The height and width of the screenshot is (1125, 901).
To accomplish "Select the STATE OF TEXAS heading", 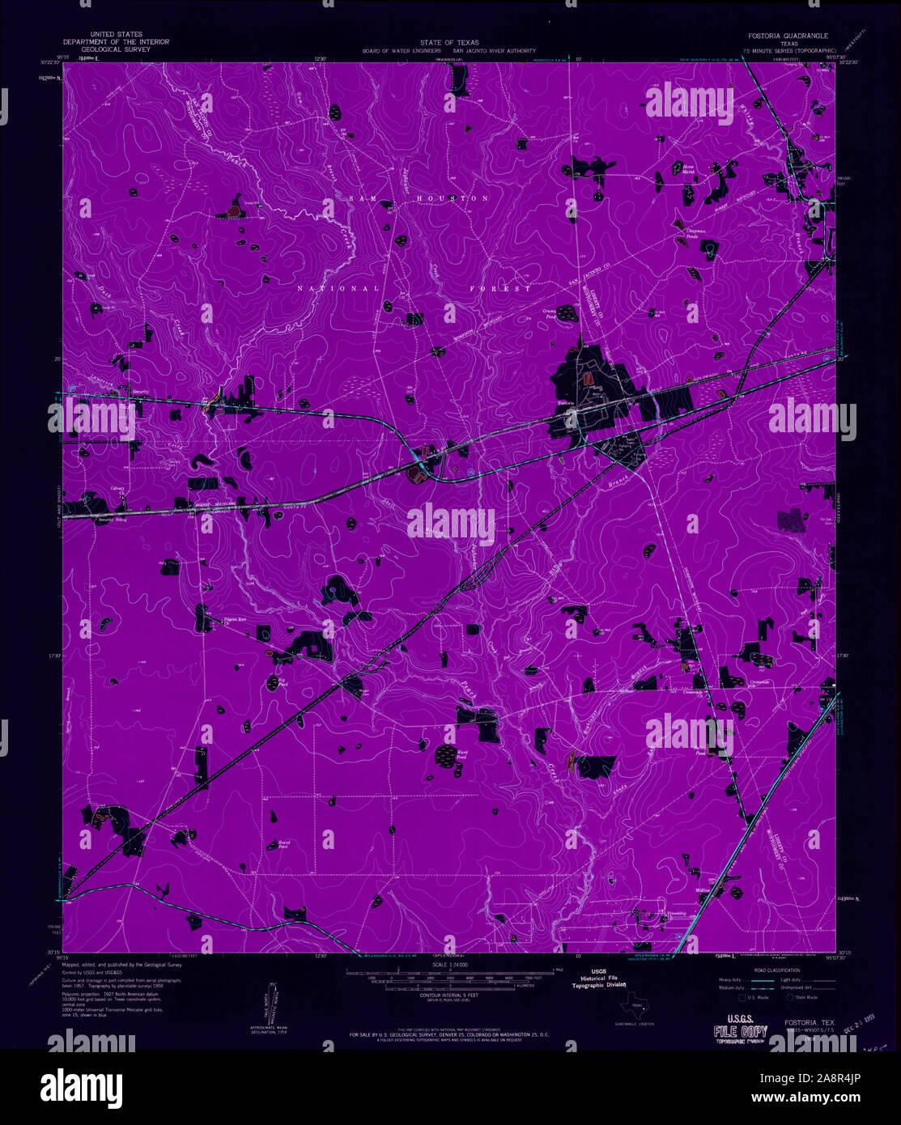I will coord(449,42).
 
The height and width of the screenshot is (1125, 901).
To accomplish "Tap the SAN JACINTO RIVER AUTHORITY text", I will coord(494,50).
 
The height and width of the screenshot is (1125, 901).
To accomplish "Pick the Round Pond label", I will coord(284,844).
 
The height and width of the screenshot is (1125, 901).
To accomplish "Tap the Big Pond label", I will coord(283,681).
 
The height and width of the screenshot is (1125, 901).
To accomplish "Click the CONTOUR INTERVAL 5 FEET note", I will coord(450,995).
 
